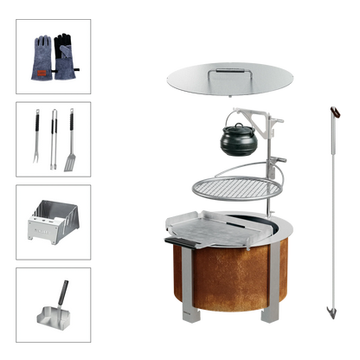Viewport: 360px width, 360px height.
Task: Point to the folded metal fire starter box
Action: coord(52,222)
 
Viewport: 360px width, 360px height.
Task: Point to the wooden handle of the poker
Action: coord(332,113)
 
